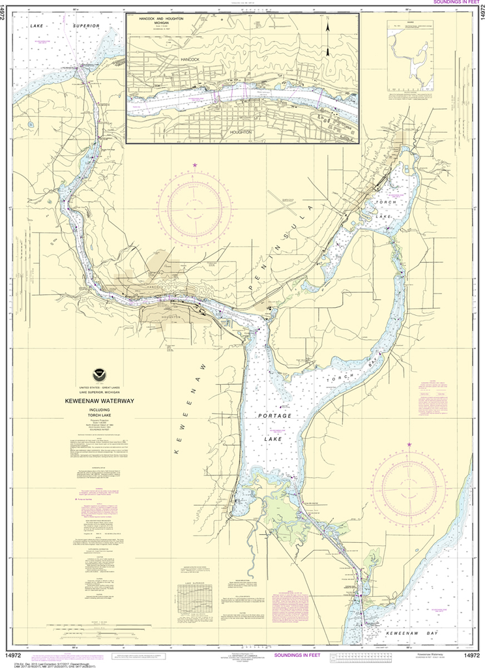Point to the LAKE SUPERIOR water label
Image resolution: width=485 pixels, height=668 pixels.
(x=64, y=25)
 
